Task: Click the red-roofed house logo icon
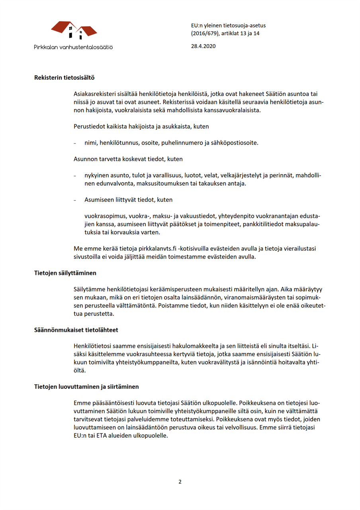74,30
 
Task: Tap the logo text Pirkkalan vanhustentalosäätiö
73,47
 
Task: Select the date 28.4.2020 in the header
203,46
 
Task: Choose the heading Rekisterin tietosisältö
65,77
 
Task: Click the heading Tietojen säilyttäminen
65,273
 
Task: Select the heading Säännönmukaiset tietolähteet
76,330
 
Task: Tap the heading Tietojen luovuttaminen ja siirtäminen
86,387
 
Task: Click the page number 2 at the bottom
180,482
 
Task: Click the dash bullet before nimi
75,143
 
